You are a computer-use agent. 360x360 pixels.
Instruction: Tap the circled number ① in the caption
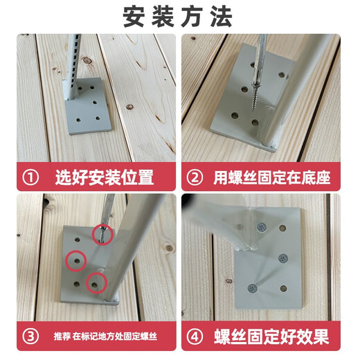30,178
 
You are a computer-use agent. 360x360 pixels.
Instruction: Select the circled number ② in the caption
196,178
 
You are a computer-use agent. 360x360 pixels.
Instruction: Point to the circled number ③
30,338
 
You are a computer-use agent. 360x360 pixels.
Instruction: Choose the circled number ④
196,338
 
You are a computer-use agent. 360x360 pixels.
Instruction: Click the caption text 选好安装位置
104,178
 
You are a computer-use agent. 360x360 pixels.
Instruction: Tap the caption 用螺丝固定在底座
271,178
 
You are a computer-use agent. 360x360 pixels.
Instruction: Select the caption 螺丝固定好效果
270,338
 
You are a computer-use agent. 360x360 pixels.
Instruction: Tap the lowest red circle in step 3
95,283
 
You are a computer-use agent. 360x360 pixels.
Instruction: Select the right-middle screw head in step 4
282,258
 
